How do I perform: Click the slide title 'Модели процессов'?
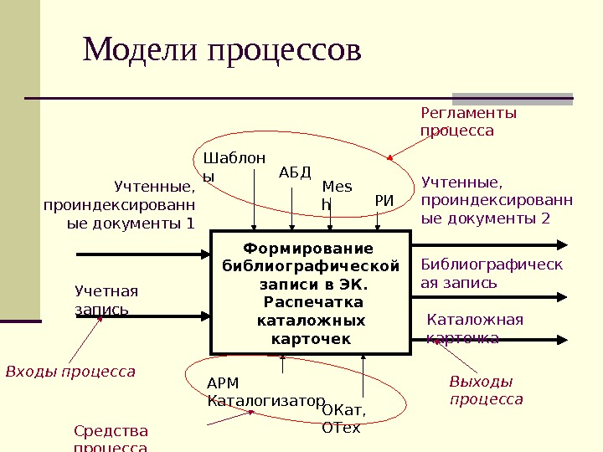click(x=222, y=49)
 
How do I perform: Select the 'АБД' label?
click(x=294, y=172)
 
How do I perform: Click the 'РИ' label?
click(x=384, y=200)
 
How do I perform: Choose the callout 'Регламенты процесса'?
click(x=468, y=121)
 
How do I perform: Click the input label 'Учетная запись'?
click(x=106, y=300)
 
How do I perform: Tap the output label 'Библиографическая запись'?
click(x=491, y=274)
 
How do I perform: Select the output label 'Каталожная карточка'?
click(x=474, y=328)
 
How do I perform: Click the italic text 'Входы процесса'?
click(x=70, y=371)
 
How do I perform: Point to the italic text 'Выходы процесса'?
click(x=486, y=390)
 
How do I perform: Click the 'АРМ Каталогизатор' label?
click(x=265, y=392)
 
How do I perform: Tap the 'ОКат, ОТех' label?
click(x=344, y=419)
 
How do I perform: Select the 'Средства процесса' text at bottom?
click(x=111, y=439)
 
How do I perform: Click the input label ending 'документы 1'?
click(x=119, y=204)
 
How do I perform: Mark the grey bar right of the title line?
click(x=513, y=98)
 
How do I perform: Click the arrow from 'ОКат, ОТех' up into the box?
click(x=363, y=377)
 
